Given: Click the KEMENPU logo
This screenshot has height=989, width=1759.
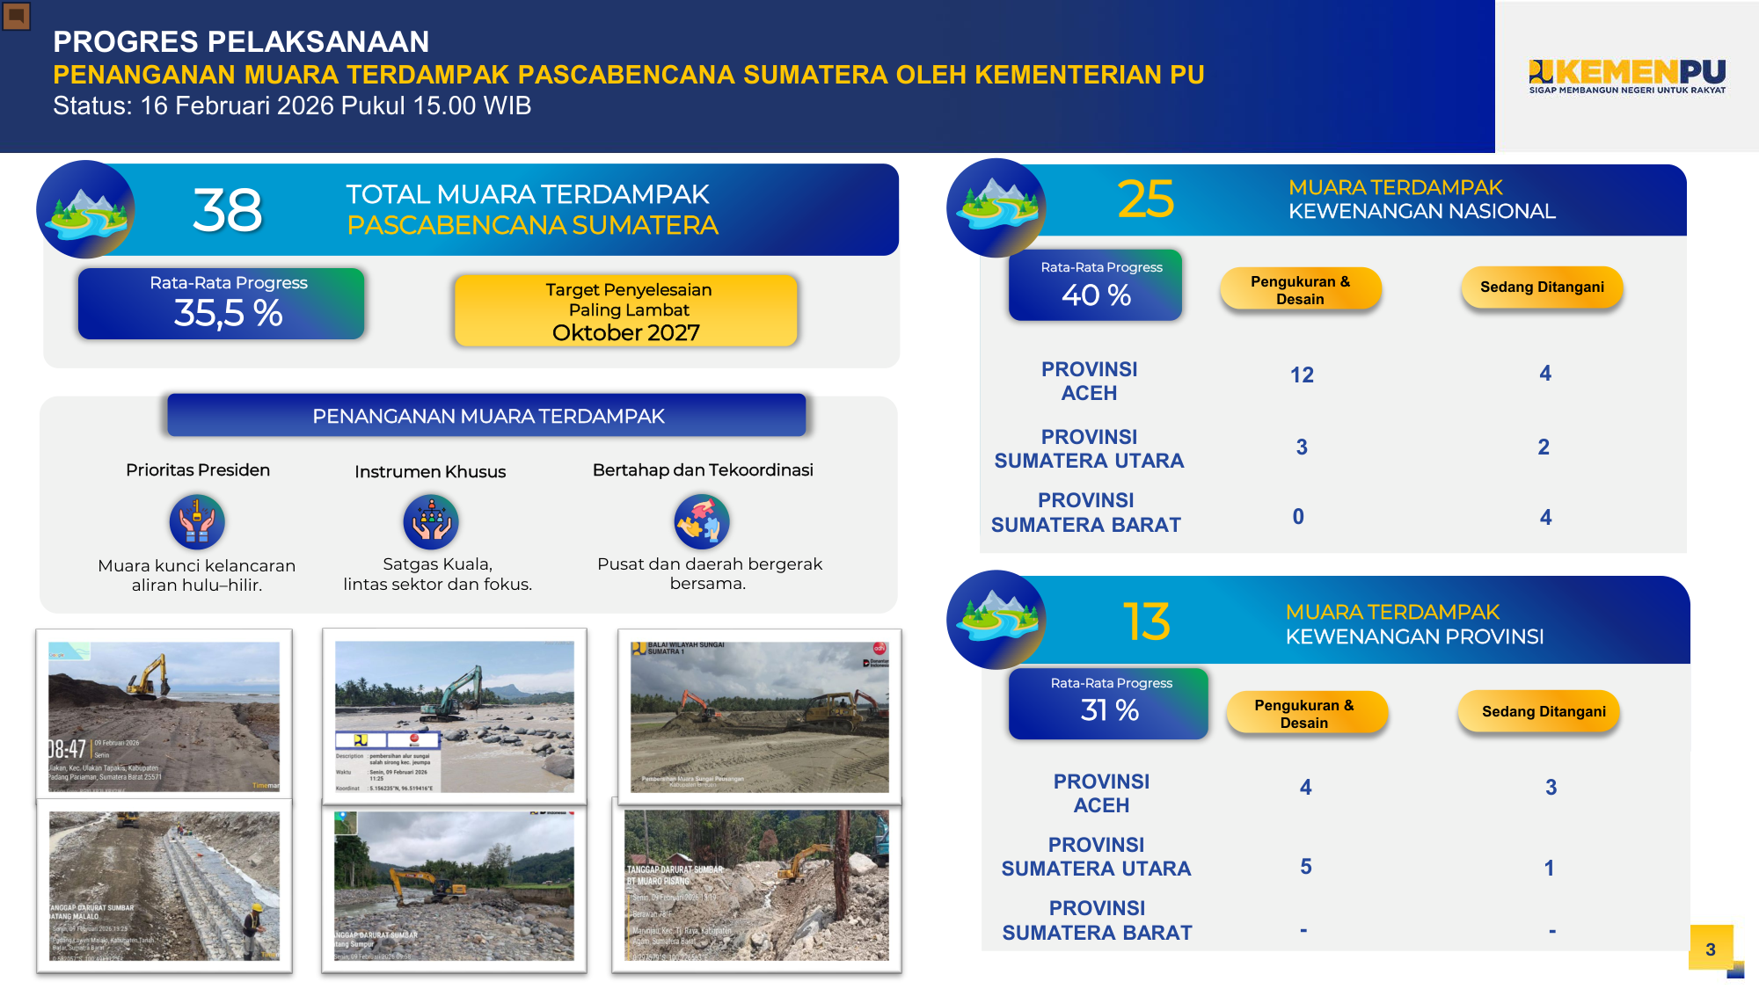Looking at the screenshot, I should coord(1627,76).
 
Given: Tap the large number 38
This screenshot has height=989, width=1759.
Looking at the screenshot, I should coord(227,211).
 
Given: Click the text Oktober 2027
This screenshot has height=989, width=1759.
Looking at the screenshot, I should coord(625,333).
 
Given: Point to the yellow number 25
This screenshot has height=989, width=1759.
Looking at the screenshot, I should coord(1145,200).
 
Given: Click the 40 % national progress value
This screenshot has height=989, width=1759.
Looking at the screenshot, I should coord(1096,295).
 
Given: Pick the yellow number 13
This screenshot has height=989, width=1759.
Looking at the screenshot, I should coord(1146,622).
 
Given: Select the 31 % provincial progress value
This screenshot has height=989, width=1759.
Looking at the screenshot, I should coord(1109,710).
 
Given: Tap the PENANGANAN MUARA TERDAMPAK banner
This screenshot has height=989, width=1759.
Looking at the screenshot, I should coord(487,416).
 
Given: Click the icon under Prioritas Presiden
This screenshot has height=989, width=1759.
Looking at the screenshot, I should coord(197,521).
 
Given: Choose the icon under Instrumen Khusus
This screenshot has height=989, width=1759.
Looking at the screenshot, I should coord(430,521).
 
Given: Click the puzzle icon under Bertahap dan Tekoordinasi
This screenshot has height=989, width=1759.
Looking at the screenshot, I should coord(701,521).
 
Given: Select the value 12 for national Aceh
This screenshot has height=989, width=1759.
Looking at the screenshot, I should coord(1302,375).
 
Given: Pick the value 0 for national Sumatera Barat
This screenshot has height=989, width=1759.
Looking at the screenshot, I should coord(1298,517).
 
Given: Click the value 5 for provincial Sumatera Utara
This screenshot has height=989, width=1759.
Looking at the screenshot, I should coord(1306,867).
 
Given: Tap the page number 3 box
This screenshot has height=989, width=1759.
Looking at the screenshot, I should coord(1711,948).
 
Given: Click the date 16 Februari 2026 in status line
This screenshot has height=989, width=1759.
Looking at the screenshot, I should coord(237,106).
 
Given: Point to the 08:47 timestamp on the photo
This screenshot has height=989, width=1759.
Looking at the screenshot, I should coord(67,749).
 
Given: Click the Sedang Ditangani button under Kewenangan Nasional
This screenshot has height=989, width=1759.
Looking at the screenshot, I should coord(1542,287).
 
